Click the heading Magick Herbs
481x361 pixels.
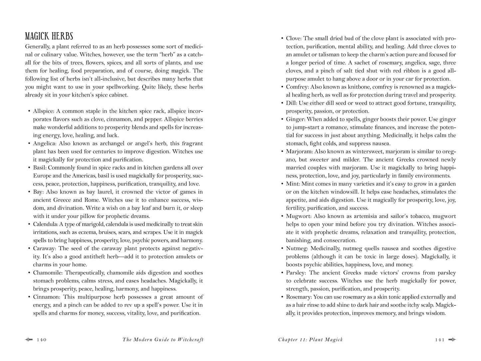[x=49, y=36]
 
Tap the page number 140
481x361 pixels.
[x=42, y=340]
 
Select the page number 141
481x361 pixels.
[x=439, y=340]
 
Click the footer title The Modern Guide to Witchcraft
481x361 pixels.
[x=163, y=340]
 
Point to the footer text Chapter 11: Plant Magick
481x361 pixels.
[x=310, y=340]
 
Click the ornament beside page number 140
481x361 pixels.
[x=29, y=340]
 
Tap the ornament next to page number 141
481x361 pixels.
[x=452, y=340]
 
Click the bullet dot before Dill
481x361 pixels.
[x=282, y=103]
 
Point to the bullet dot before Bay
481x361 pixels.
[x=29, y=192]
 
